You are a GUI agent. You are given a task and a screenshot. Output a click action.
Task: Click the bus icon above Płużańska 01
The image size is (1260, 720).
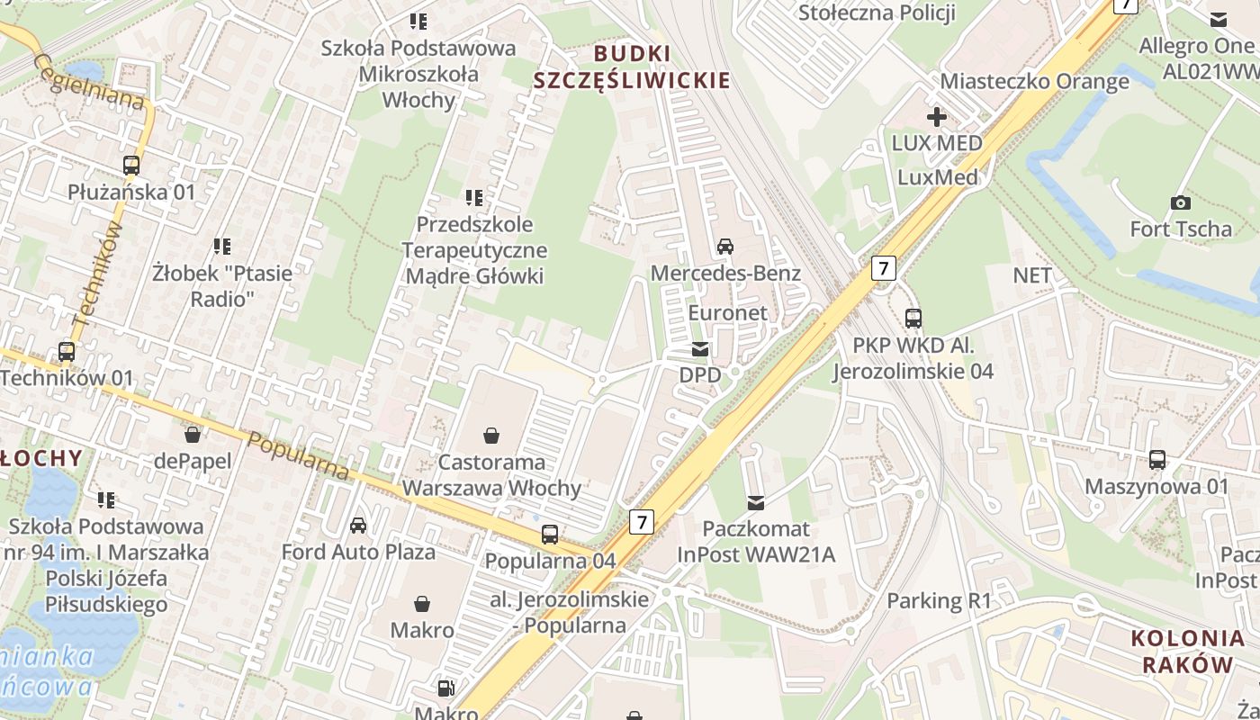[x=131, y=166]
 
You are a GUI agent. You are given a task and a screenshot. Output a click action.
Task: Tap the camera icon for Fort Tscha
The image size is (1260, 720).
[x=1181, y=202]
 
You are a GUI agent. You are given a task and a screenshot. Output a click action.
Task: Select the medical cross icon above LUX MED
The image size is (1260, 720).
[x=936, y=117]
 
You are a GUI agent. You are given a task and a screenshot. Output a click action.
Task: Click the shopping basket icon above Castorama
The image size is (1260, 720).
[x=491, y=436]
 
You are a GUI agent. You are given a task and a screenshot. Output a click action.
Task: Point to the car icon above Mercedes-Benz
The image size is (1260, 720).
[x=724, y=247]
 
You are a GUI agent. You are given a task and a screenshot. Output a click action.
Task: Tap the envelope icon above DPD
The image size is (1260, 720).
[x=699, y=349]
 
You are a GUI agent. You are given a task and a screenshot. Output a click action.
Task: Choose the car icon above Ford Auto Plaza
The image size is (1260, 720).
[x=358, y=525]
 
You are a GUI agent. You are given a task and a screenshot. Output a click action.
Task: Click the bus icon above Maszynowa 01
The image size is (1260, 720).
[x=1157, y=460]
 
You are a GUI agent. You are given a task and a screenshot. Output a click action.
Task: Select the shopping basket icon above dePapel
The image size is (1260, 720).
[x=192, y=436]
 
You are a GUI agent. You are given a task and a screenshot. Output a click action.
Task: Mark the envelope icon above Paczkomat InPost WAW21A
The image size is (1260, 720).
[x=756, y=502]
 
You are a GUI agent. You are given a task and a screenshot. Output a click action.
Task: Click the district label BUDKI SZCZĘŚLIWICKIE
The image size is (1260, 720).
[x=632, y=67]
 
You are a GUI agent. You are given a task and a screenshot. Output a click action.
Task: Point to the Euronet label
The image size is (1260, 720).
[x=727, y=313]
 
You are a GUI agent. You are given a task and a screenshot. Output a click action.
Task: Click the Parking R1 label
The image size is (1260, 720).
[x=939, y=600]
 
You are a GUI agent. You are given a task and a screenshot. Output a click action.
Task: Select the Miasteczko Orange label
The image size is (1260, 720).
[x=1034, y=81]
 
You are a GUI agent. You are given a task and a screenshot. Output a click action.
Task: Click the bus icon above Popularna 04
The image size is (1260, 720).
[x=550, y=535]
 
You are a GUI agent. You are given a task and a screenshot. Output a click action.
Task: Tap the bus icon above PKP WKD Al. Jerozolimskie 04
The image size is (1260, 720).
[x=913, y=319]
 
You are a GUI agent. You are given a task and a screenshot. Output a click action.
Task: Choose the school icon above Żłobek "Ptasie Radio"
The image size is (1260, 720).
[x=222, y=246]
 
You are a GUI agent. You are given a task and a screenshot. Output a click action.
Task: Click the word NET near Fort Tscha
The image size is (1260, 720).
[x=1032, y=275]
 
